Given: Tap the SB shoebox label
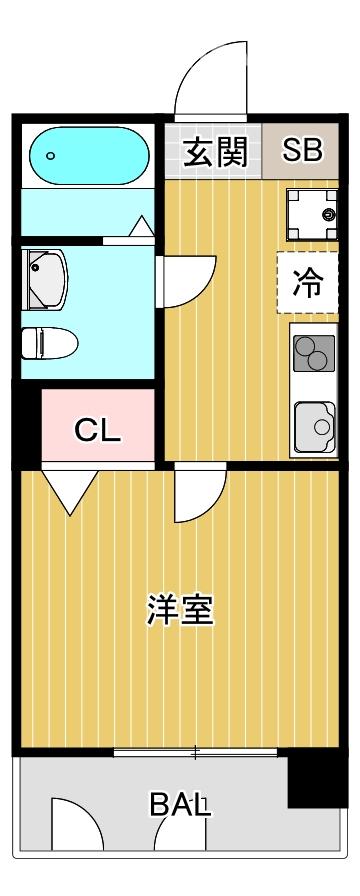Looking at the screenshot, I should [x=301, y=151].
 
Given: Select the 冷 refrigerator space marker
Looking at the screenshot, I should [x=308, y=283].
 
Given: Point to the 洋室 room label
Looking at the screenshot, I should [x=181, y=610].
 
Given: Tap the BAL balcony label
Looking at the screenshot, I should [x=181, y=803].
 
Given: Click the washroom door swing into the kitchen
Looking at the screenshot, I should [x=187, y=280].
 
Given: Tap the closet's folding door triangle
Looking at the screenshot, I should [x=68, y=491].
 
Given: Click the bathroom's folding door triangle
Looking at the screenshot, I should [x=140, y=228].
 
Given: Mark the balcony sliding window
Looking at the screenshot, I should [x=195, y=751].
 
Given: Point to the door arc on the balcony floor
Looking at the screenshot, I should [x=78, y=824].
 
